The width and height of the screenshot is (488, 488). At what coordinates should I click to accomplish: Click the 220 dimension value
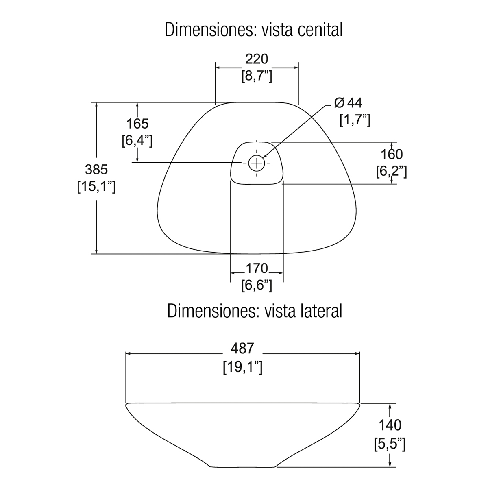click(x=257, y=59)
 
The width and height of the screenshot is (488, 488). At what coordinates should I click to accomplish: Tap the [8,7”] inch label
click(x=257, y=76)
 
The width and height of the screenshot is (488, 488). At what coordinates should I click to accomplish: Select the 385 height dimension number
click(x=96, y=169)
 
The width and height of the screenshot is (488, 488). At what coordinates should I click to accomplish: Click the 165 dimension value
click(x=137, y=124)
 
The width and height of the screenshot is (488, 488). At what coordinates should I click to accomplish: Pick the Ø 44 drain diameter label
click(x=348, y=102)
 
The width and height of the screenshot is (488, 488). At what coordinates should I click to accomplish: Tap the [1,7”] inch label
click(x=355, y=120)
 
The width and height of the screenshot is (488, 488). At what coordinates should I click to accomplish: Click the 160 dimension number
click(x=392, y=155)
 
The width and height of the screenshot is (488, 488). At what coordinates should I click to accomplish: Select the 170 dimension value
click(x=257, y=268)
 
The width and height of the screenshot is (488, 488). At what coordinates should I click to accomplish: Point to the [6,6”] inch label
click(x=257, y=285)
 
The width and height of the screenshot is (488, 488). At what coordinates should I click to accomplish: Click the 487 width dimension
click(x=242, y=349)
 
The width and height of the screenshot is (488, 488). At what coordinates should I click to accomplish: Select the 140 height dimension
click(x=390, y=425)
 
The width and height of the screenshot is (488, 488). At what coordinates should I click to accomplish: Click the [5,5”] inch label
click(x=390, y=443)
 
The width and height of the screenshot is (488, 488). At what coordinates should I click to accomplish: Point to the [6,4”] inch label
click(x=137, y=141)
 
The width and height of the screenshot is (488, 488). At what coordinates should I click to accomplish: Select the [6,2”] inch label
click(x=392, y=172)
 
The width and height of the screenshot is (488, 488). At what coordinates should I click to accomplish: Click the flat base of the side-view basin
click(x=243, y=466)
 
